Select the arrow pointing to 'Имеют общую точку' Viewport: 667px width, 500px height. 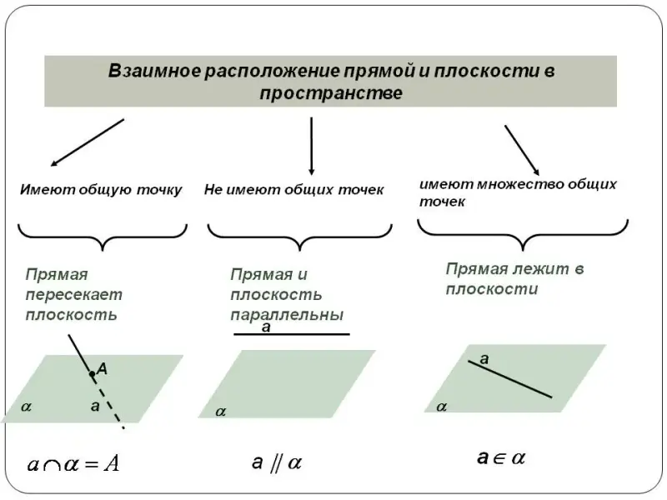(87, 142)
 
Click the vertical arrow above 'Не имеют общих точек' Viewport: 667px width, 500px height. (311, 145)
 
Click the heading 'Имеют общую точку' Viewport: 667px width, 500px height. (101, 190)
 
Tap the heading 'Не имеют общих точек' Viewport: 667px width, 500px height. (293, 190)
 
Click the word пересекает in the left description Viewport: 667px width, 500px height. (73, 294)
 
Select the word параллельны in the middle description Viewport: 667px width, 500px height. (287, 315)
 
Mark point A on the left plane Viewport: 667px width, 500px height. (92, 374)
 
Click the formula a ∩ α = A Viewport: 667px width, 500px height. (73, 463)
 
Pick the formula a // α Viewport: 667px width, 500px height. (276, 462)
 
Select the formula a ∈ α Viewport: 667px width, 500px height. (501, 457)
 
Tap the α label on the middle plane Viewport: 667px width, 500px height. (220, 411)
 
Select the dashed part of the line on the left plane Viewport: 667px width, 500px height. (112, 409)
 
